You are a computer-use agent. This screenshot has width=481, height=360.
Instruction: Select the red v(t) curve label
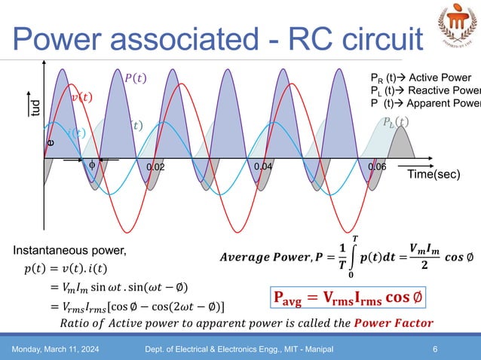[82, 97]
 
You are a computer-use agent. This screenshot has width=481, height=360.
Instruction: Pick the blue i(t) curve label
[75, 133]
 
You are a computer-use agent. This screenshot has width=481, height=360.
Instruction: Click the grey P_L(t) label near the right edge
[396, 121]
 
